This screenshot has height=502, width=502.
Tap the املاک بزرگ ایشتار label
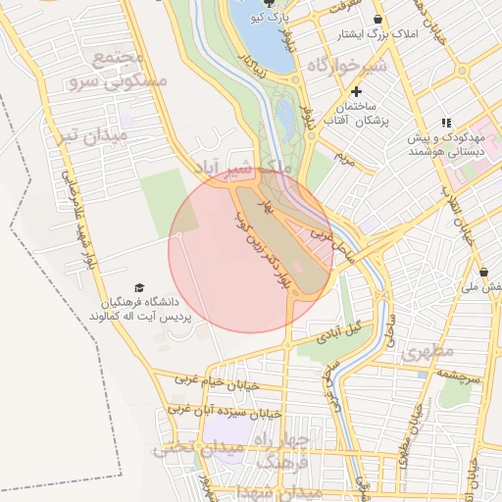point(376,34)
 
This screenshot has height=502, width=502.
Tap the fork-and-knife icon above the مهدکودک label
point(446,123)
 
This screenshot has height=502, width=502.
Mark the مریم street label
point(342,156)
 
